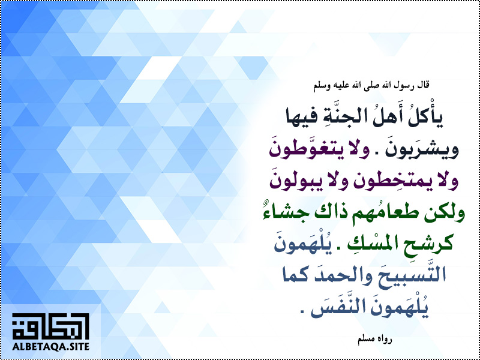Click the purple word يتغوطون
tap(310, 151)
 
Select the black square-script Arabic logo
tap(50, 326)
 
